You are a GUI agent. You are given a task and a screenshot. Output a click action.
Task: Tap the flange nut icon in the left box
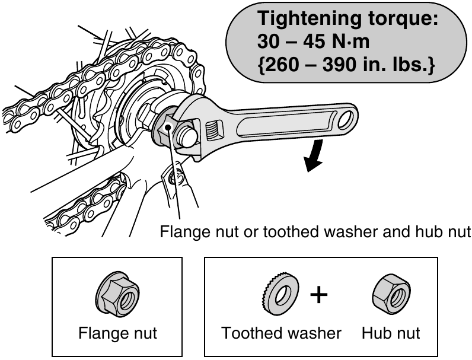117,298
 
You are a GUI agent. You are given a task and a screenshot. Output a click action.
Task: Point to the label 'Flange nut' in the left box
117,333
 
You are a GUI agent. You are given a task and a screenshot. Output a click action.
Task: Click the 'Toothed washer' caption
282,333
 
